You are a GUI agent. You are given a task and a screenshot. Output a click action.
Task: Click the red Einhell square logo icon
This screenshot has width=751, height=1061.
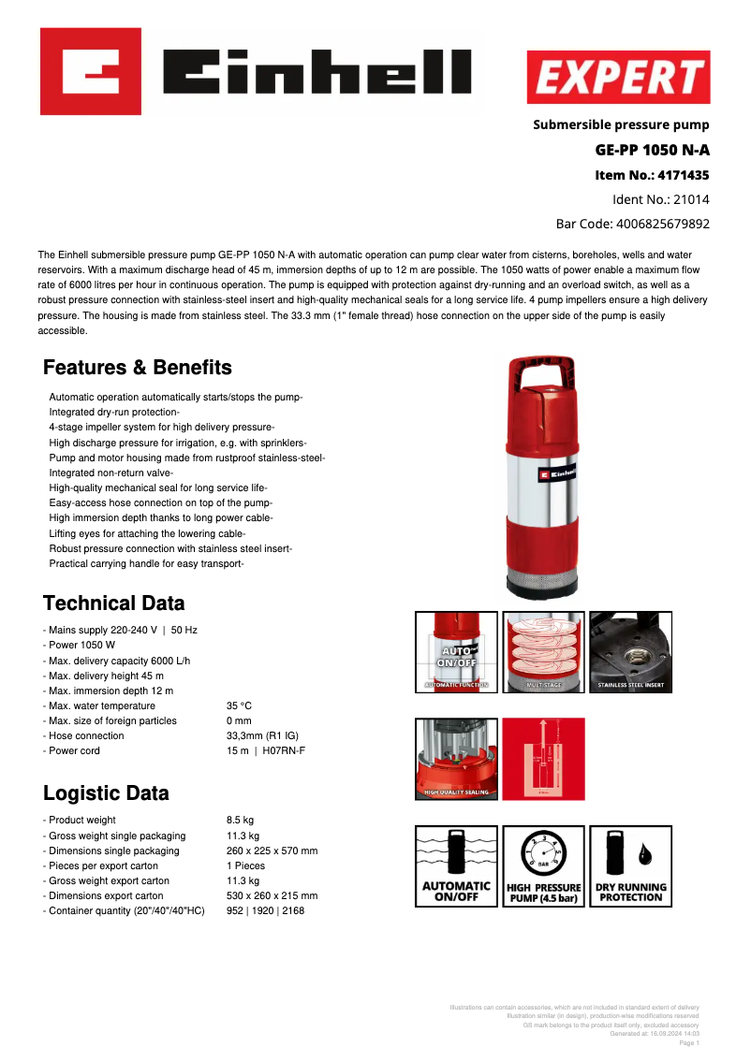tap(91, 71)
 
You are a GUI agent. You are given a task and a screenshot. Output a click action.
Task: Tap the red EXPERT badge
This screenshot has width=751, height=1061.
tap(618, 78)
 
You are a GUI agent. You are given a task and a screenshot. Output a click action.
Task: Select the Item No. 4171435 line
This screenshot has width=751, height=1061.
tap(652, 175)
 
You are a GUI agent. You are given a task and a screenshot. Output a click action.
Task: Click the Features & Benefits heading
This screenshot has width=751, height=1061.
tap(138, 367)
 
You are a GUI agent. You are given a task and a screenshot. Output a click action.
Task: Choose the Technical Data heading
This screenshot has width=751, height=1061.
tap(114, 603)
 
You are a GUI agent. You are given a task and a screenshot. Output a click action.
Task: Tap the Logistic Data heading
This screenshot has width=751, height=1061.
tap(106, 793)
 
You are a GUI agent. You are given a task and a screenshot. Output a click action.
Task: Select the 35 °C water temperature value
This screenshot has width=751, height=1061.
tap(239, 705)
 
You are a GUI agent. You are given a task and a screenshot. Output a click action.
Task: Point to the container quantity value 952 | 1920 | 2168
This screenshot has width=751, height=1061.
tap(265, 910)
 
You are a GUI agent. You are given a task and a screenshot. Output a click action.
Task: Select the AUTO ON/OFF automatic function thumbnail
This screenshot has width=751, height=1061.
tap(456, 652)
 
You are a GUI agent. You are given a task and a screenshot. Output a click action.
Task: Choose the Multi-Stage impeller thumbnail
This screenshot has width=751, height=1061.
tap(543, 652)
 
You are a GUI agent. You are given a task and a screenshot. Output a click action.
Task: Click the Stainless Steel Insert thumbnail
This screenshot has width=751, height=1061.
tap(630, 652)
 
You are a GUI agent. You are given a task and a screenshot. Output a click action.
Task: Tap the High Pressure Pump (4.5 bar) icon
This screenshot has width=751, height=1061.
tap(543, 865)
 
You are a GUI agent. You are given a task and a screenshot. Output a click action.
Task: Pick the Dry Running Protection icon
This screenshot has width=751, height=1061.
tap(630, 865)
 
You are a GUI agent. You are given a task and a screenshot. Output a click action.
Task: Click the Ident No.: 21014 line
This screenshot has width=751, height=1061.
tap(660, 199)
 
